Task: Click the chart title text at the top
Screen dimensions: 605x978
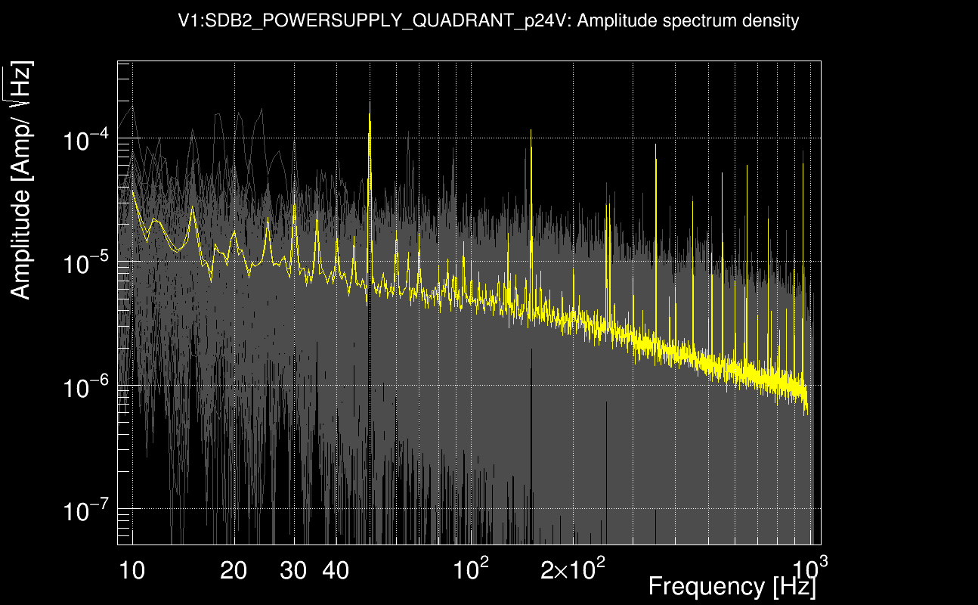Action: [488, 21]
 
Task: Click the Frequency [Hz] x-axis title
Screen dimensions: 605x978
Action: [732, 586]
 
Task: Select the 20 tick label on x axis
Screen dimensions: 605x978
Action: [234, 570]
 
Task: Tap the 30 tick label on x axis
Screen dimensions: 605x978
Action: [293, 570]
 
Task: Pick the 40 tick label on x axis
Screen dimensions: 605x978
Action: [336, 570]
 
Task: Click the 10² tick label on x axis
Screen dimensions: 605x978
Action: [470, 568]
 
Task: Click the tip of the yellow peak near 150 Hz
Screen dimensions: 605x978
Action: [531, 131]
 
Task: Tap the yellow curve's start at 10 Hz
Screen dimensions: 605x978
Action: [133, 192]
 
